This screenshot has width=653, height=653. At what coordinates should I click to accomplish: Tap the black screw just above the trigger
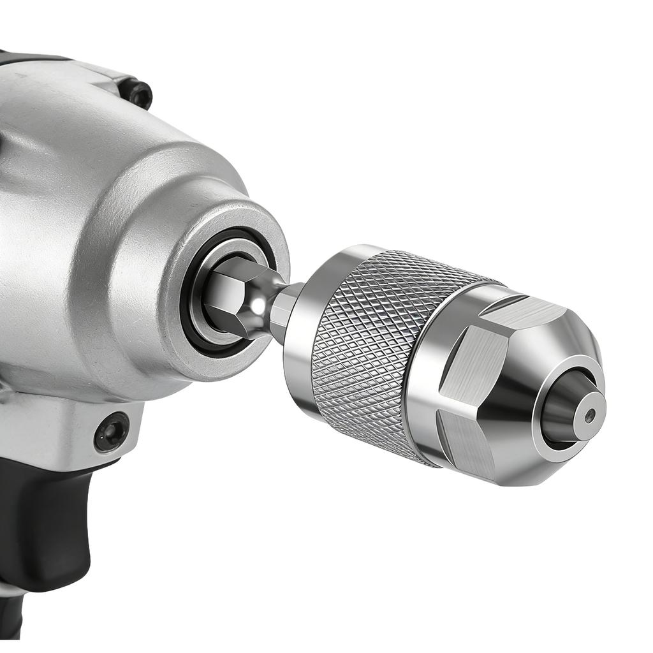[x=112, y=432]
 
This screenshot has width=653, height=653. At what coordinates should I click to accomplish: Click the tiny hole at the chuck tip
[x=591, y=415]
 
